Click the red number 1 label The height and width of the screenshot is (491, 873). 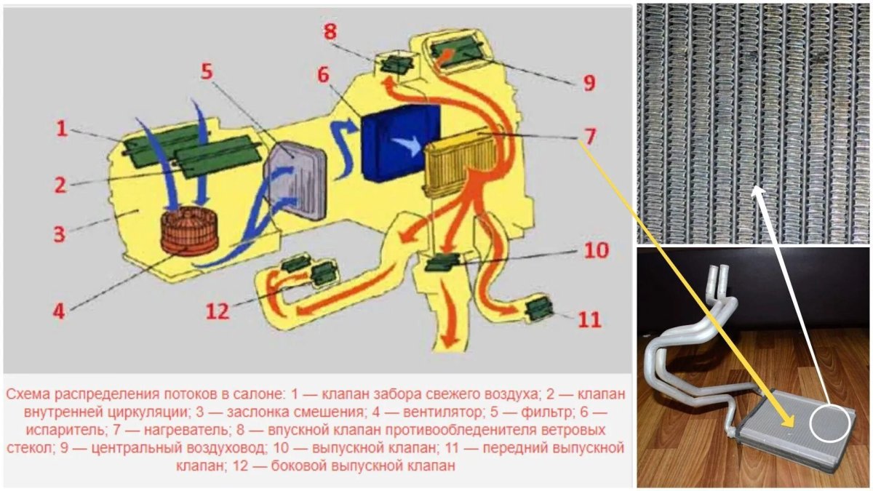point(63,130)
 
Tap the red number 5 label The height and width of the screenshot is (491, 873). point(207,73)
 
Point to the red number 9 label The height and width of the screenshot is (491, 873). point(588,82)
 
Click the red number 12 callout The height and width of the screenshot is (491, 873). point(218,311)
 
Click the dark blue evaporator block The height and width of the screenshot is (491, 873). point(401,141)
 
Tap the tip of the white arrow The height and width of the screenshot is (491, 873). point(757,191)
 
